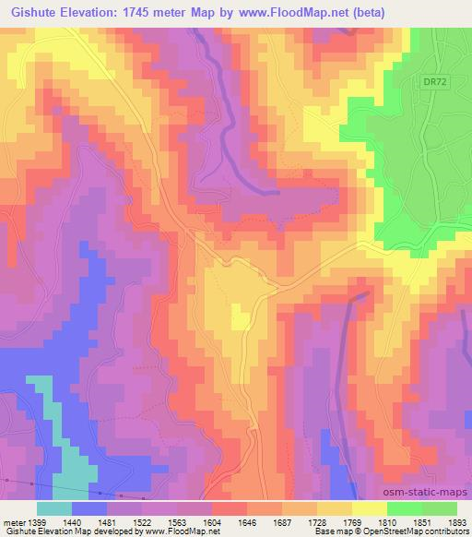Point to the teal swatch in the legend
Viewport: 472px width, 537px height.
pyautogui.click(x=54, y=508)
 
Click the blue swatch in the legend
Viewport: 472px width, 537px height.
pyautogui.click(x=89, y=508)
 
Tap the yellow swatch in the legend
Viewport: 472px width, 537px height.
pyautogui.click(x=370, y=508)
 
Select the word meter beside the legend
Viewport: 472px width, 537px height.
pyautogui.click(x=12, y=521)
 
